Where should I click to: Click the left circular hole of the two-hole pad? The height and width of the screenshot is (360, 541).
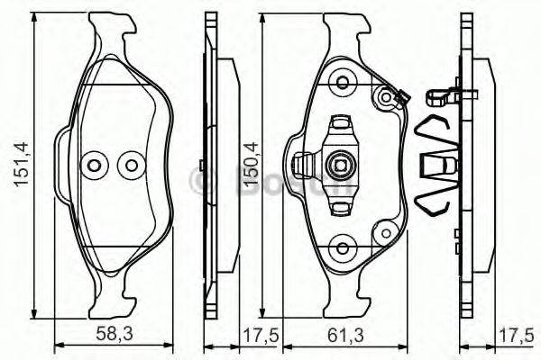coord(94,166)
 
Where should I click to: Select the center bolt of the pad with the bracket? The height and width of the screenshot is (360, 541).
coord(341,165)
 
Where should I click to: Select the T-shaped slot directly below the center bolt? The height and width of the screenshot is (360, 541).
coord(341,204)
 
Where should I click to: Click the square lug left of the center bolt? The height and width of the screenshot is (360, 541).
coord(306,165)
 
